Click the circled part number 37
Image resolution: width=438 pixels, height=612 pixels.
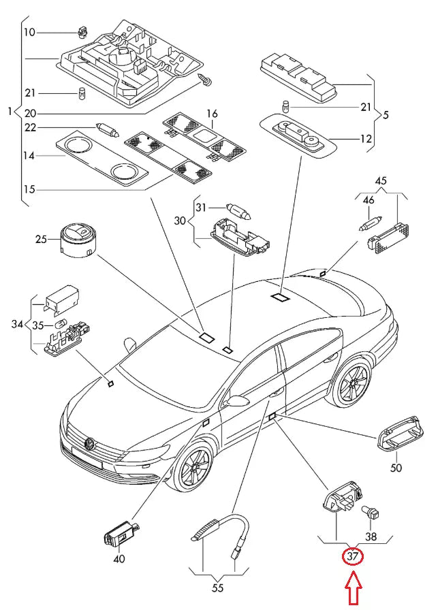pos(353,556)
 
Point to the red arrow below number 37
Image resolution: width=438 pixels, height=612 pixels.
pos(353,589)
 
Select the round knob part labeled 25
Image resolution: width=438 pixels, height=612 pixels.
pos(77,240)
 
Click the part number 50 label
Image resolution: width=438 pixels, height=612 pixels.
pos(396,468)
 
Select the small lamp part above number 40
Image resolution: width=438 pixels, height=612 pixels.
pos(120,533)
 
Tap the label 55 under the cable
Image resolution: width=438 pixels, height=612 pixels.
pos(217,587)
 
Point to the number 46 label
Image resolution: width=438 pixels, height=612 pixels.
pos(369,201)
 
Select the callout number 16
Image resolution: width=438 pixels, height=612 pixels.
pos(211,113)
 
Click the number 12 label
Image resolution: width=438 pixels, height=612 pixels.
pos(366,138)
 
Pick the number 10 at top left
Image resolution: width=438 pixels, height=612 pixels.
pos(29,32)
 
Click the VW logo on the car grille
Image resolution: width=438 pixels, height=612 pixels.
pos(89,444)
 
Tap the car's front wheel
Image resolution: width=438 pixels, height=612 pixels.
pos(195,469)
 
